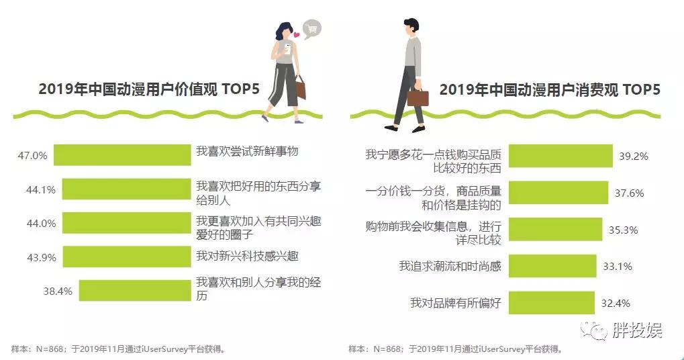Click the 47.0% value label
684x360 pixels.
tap(32, 155)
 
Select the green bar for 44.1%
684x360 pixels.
tap(126, 189)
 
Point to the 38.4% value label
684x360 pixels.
tap(58, 291)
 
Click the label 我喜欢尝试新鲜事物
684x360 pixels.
tap(246, 151)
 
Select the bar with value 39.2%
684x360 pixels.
tap(560, 156)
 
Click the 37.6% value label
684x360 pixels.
tap(629, 193)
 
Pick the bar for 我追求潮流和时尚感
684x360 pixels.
tap(552, 267)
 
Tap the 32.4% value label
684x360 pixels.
tap(615, 303)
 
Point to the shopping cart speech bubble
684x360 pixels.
tap(311, 28)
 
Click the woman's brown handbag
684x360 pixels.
tap(300, 87)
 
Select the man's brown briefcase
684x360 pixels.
tap(418, 97)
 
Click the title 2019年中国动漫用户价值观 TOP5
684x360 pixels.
tap(148, 91)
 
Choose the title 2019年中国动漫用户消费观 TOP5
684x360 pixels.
tap(550, 91)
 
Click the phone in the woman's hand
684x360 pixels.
tap(287, 48)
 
